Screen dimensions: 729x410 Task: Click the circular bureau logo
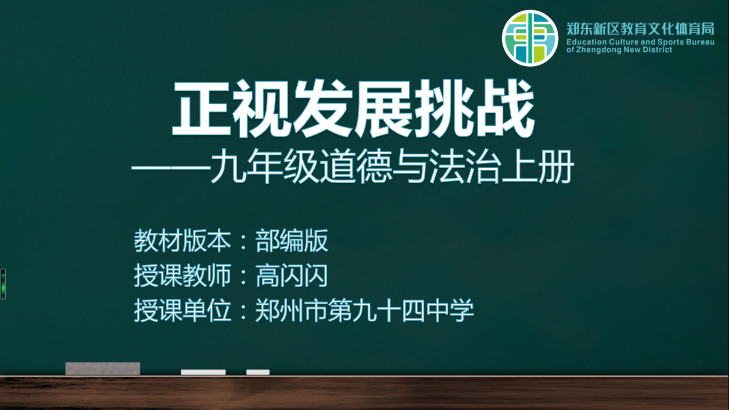530,38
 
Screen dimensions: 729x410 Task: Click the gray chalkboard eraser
103,369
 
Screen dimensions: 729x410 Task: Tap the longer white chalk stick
203,372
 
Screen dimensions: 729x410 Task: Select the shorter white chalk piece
258,372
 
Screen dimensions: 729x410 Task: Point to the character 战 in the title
505,108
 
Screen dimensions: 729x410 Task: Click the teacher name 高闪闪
291,276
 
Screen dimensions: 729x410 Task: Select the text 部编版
291,241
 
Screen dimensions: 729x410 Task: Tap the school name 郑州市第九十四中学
364,311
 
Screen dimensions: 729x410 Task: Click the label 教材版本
183,241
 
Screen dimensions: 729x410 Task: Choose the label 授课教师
183,276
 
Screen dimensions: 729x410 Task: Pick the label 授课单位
183,311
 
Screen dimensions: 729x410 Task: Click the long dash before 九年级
171,168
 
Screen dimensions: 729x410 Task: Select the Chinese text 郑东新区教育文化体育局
640,29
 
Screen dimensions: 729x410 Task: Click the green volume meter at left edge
3,285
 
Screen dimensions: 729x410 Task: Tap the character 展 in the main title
384,108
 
